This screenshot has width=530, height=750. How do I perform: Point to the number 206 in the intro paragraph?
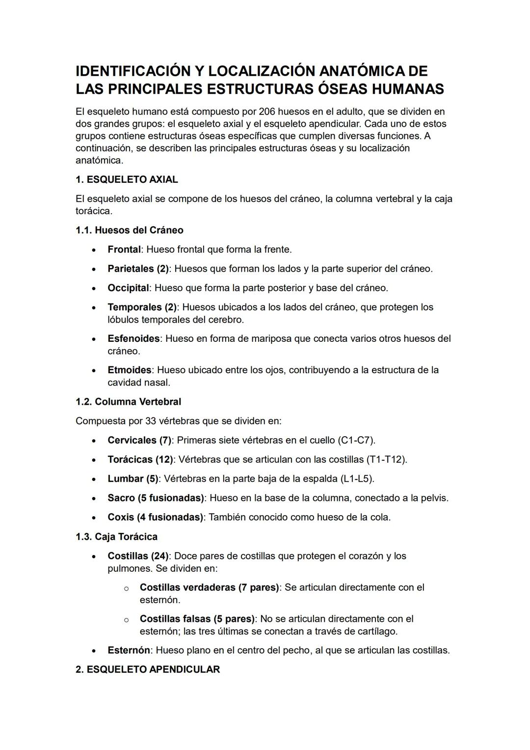point(268,111)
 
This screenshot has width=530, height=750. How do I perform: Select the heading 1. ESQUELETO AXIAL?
point(127,180)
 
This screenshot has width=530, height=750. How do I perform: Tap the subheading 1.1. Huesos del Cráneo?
point(129,230)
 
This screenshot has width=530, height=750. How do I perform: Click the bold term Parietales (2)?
point(137,269)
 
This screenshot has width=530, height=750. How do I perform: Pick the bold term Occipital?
point(128,288)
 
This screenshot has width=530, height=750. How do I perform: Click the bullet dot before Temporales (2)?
point(94,308)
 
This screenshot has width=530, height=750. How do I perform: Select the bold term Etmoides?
point(129,370)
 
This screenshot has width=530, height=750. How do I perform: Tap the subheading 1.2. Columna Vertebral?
point(128,402)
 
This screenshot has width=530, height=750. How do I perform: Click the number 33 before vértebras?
point(151,421)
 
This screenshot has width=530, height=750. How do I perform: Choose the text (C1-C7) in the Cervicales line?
point(356,440)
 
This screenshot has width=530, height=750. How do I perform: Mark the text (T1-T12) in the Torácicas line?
point(387,459)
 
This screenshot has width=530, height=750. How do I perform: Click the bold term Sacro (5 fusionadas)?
point(156,498)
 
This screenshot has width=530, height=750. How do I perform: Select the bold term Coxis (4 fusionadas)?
point(155,517)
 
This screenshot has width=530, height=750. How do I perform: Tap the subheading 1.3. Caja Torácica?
point(116,536)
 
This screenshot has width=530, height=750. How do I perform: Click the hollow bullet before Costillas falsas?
point(126,620)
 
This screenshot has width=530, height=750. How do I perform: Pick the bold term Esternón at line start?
point(129,650)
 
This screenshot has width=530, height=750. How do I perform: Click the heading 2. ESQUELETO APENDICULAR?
point(147,669)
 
